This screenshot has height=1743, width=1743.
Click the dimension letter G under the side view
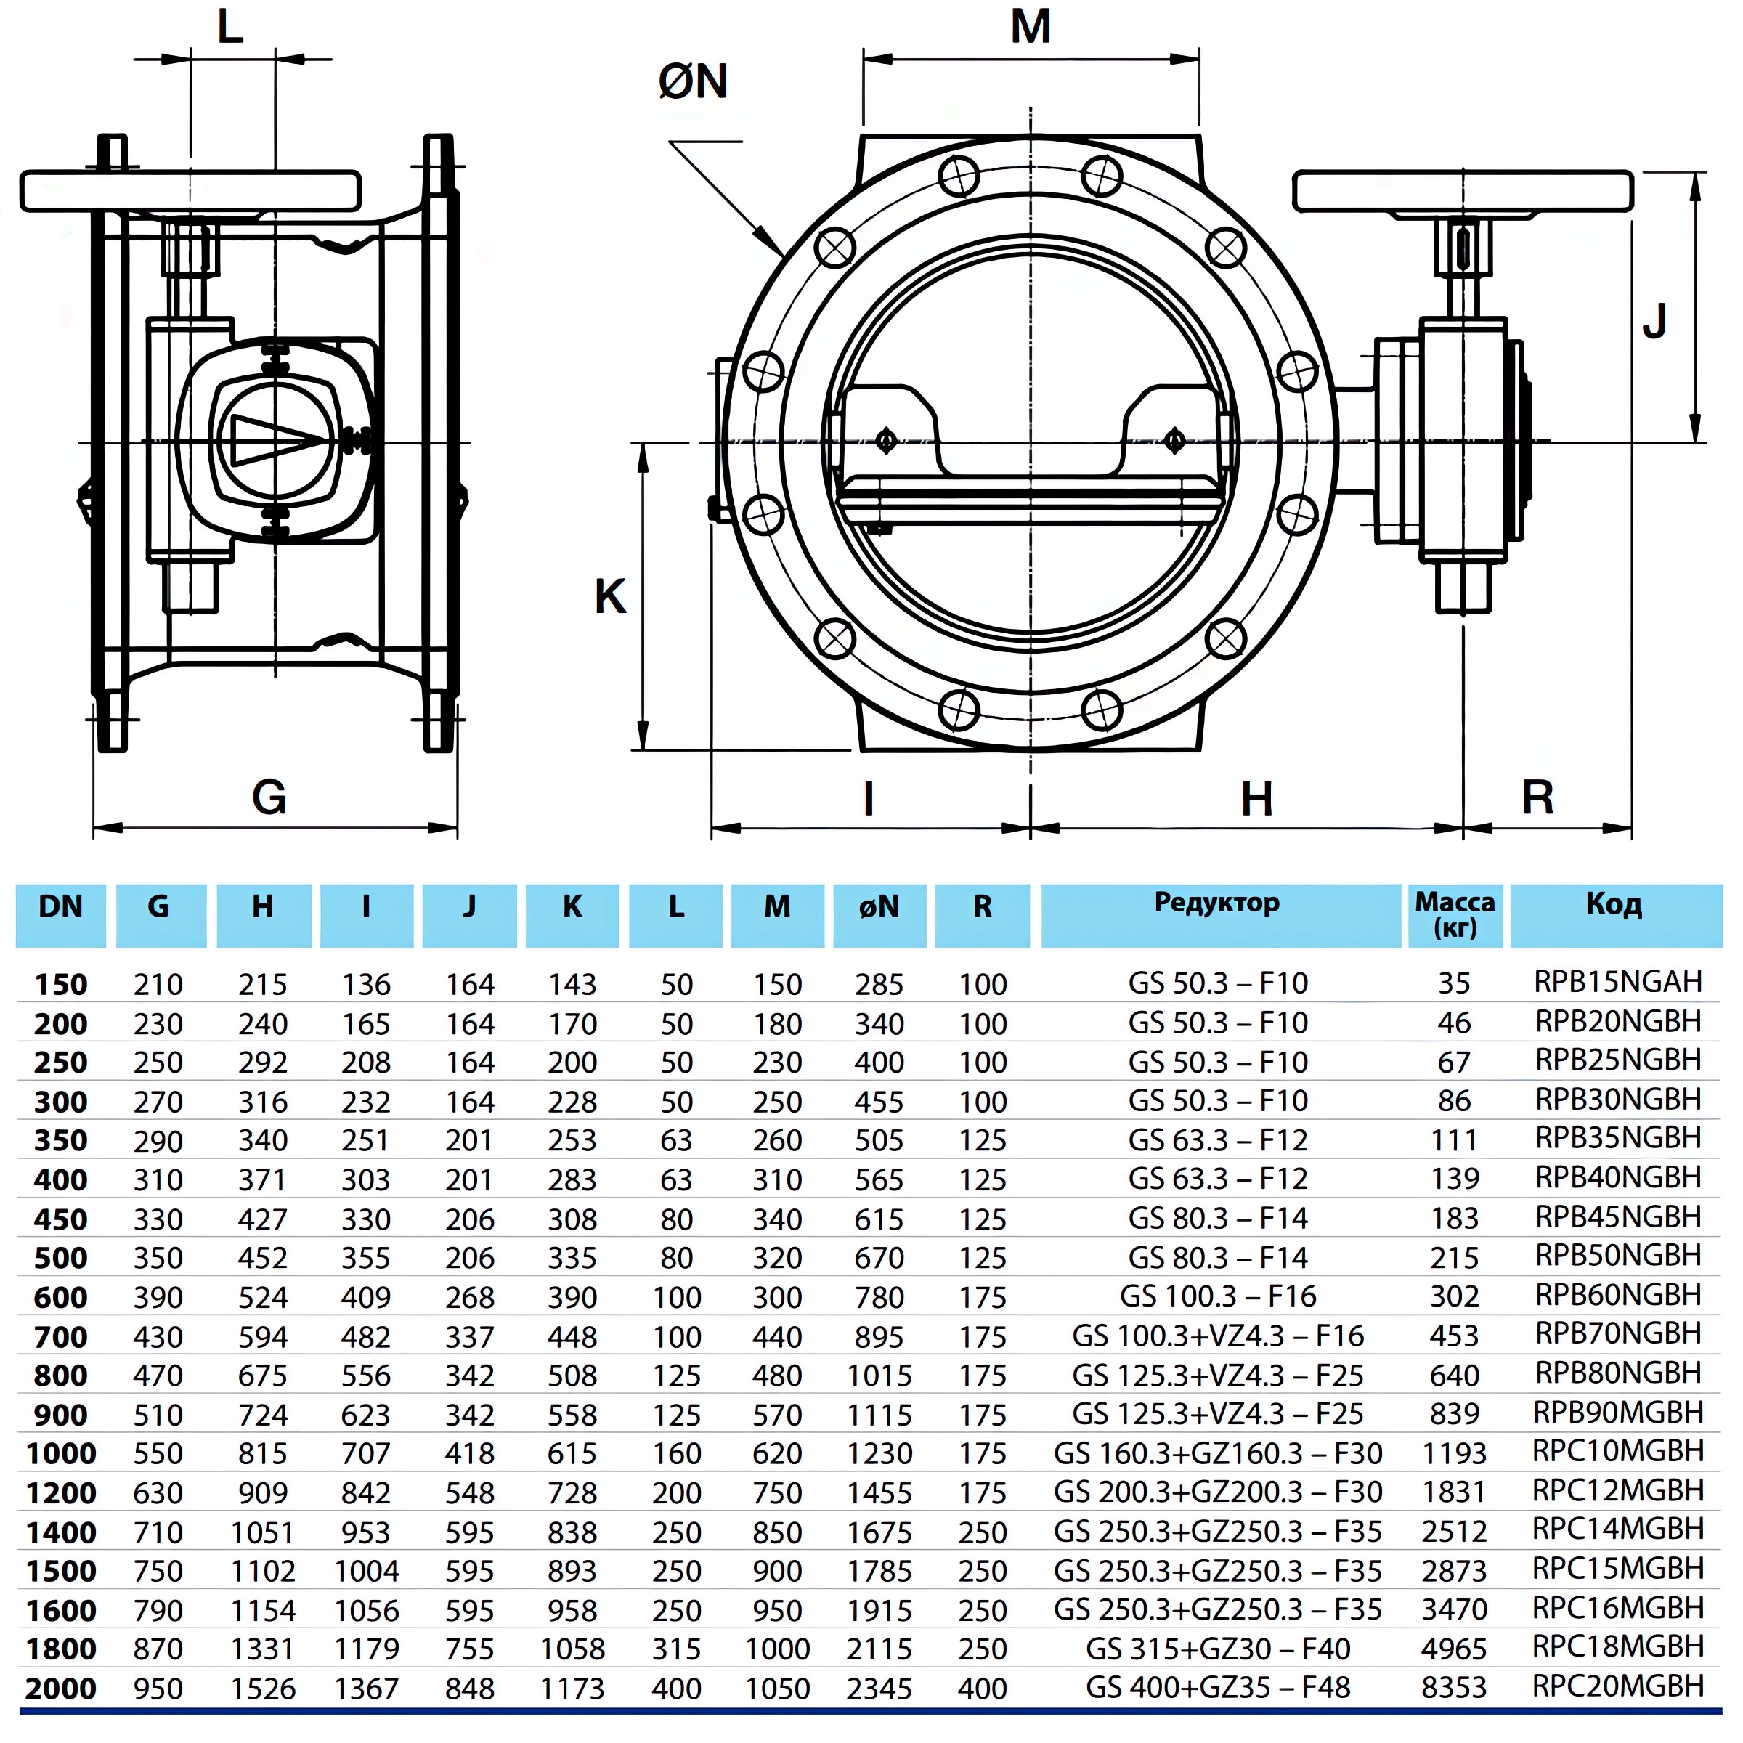pyautogui.click(x=269, y=797)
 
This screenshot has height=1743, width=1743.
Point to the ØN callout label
pyautogui.click(x=692, y=81)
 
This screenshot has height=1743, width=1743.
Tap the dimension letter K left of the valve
pyautogui.click(x=610, y=596)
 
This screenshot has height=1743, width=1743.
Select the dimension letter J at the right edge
pyautogui.click(x=1654, y=321)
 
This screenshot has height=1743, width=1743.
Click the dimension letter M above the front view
pyautogui.click(x=1031, y=27)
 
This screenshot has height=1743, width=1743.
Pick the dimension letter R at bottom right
pyautogui.click(x=1537, y=797)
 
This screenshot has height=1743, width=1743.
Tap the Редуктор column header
pyautogui.click(x=1217, y=903)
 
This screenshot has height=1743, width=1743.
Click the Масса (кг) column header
pyautogui.click(x=1454, y=913)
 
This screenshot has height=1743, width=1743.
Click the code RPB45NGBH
pyautogui.click(x=1617, y=1217)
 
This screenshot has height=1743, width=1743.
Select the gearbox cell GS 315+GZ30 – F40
pyautogui.click(x=1217, y=1649)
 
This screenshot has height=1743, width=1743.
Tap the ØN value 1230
pyautogui.click(x=879, y=1453)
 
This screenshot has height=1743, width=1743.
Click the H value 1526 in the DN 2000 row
pyautogui.click(x=262, y=1688)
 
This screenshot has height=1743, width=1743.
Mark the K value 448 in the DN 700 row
pyautogui.click(x=572, y=1337)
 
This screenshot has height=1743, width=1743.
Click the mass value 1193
pyautogui.click(x=1453, y=1452)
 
